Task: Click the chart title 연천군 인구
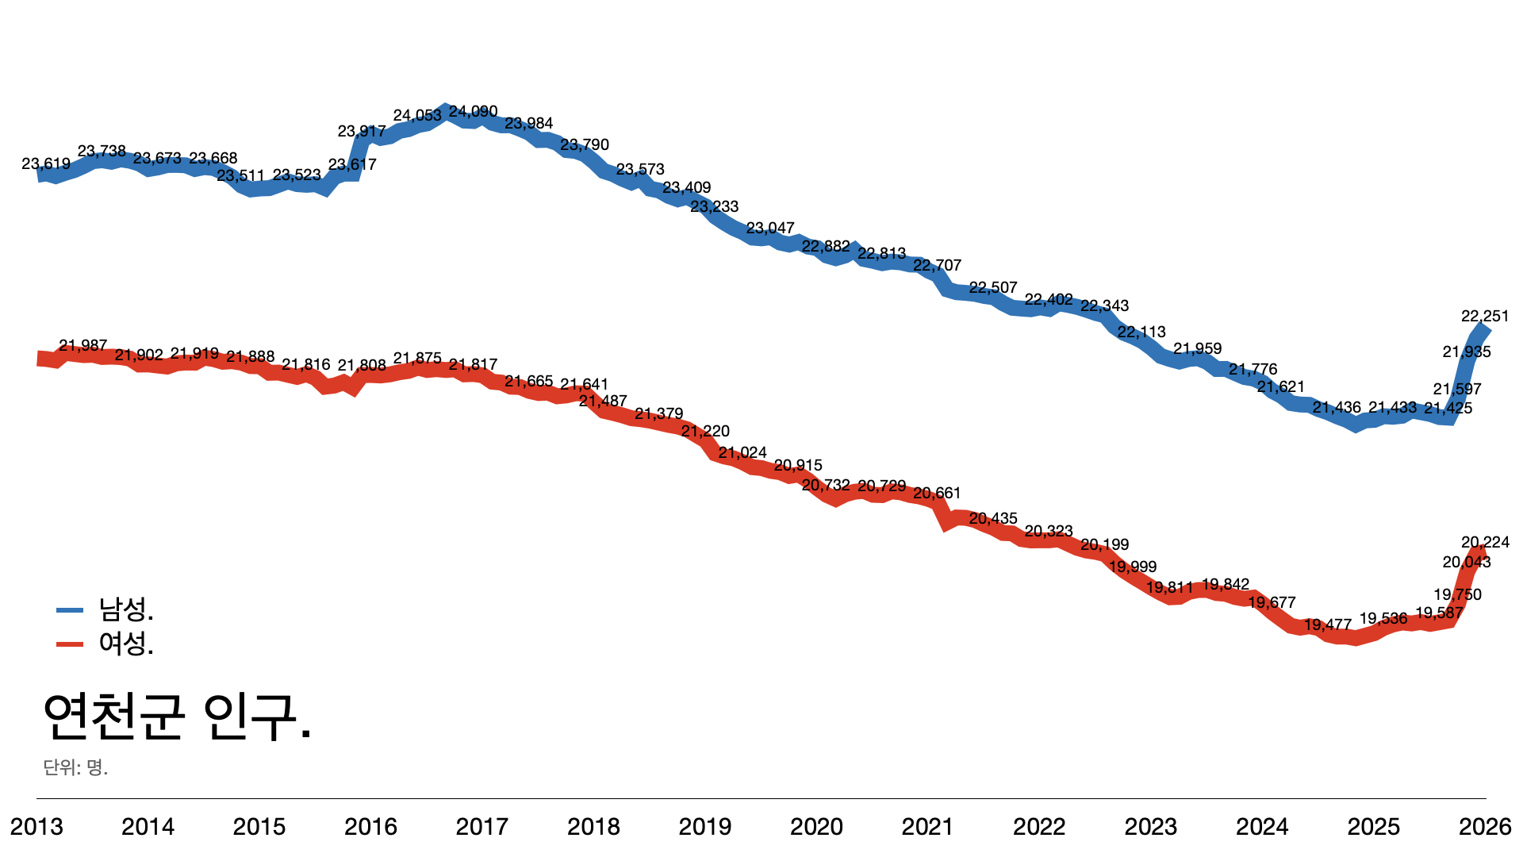pyautogui.click(x=177, y=717)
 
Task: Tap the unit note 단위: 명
pyautogui.click(x=75, y=767)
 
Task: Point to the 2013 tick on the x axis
pyautogui.click(x=36, y=827)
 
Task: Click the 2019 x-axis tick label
pyautogui.click(x=705, y=827)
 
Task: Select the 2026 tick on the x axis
pyautogui.click(x=1485, y=827)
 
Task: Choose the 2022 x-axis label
pyautogui.click(x=1039, y=827)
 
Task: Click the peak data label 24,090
pyautogui.click(x=473, y=112)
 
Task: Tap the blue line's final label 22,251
pyautogui.click(x=1485, y=317)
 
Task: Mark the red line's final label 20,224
pyautogui.click(x=1485, y=543)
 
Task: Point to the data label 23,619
pyautogui.click(x=46, y=164)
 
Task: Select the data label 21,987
pyautogui.click(x=82, y=346)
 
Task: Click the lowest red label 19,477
pyautogui.click(x=1328, y=625)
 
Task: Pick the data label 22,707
pyautogui.click(x=937, y=266)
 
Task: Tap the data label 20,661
pyautogui.click(x=937, y=494)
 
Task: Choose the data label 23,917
pyautogui.click(x=362, y=132)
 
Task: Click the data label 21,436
pyautogui.click(x=1337, y=408)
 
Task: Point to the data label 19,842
pyautogui.click(x=1226, y=585)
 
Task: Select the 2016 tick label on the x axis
pyautogui.click(x=370, y=827)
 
